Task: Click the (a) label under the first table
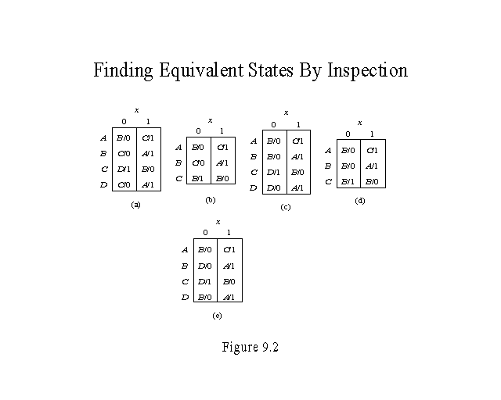click(x=135, y=204)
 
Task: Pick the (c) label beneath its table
click(x=285, y=206)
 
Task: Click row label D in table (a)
click(x=103, y=184)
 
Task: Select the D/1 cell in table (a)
click(x=124, y=169)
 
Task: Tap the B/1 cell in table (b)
click(x=199, y=178)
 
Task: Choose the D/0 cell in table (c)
click(x=273, y=187)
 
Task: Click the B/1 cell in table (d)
click(x=348, y=181)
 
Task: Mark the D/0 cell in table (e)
click(x=205, y=266)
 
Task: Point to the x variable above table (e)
click(x=217, y=223)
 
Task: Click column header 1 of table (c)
click(x=297, y=125)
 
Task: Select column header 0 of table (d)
click(x=348, y=134)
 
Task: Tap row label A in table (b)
click(x=178, y=147)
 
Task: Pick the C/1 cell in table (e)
click(x=229, y=250)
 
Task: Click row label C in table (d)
click(x=328, y=182)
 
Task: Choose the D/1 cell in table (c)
click(x=273, y=172)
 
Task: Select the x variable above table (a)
click(x=136, y=110)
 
